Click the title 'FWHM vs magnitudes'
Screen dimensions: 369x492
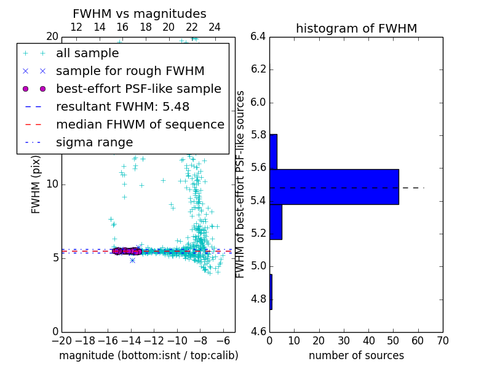(x=139, y=14)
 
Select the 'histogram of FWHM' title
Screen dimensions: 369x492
(x=356, y=28)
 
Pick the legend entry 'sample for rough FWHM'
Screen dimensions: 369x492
(x=130, y=71)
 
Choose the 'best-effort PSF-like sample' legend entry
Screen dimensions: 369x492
(x=138, y=89)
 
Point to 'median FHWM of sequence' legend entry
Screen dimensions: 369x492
(x=140, y=125)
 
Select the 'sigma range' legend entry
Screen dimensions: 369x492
(x=94, y=143)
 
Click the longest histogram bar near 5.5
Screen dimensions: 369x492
(x=334, y=186)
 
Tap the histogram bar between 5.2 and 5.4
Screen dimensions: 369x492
(x=276, y=221)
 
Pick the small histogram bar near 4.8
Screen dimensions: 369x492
(x=271, y=292)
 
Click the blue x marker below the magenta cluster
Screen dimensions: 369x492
(x=132, y=260)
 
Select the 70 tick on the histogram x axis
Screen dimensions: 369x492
(x=442, y=341)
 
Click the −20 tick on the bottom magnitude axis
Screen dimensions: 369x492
(x=61, y=341)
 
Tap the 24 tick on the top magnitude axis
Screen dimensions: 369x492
(x=215, y=27)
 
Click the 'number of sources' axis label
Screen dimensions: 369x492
(x=356, y=355)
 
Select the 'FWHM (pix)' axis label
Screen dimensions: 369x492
(x=36, y=184)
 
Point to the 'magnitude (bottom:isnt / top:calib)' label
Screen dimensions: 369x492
(x=148, y=355)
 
